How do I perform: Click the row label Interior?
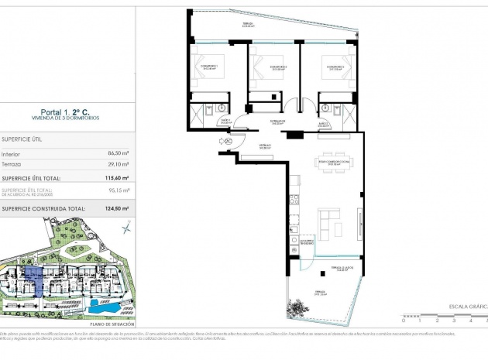(11, 153)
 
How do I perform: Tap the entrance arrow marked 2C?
(228, 141)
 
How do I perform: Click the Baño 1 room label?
(225, 122)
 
